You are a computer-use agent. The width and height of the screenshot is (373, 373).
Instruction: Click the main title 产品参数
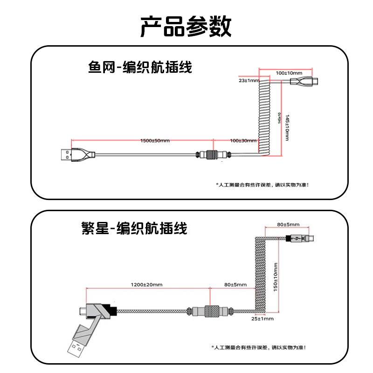(186, 27)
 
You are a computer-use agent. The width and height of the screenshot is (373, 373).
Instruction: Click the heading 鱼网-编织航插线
(140, 68)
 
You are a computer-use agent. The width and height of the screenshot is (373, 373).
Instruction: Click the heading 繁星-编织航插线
(134, 228)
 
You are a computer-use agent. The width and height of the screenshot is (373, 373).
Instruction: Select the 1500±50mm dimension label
(155, 140)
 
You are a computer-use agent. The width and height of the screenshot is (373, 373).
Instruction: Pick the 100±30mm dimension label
(243, 140)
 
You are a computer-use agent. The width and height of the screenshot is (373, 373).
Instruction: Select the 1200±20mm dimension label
(146, 284)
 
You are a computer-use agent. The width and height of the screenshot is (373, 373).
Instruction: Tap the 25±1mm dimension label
(262, 319)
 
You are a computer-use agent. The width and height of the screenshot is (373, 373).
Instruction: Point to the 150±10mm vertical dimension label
(276, 277)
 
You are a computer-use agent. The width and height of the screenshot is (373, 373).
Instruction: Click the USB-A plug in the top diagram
(65, 154)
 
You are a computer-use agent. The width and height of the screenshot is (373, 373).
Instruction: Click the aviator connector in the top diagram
(212, 154)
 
